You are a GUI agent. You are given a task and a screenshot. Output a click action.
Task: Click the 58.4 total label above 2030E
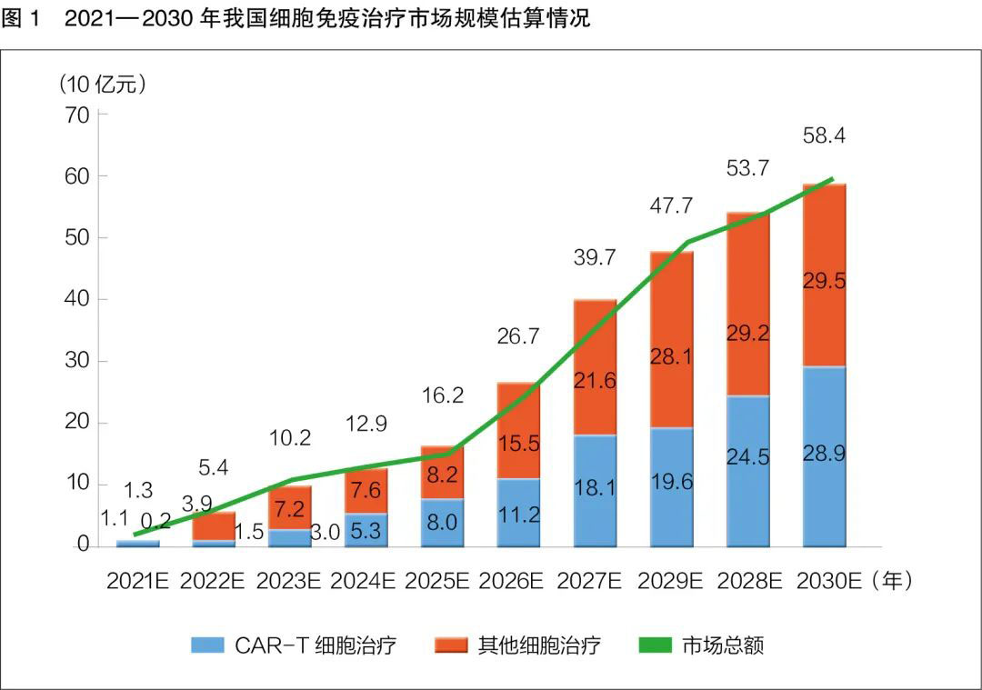(825, 136)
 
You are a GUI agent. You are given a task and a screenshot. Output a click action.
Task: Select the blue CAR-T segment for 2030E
(825, 455)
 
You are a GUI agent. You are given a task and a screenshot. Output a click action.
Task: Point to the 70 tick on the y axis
(76, 115)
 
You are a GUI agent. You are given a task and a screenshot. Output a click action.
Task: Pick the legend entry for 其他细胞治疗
(518, 645)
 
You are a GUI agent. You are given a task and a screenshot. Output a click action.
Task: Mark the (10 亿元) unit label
(102, 85)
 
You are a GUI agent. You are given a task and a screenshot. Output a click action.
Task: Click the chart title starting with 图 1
(296, 18)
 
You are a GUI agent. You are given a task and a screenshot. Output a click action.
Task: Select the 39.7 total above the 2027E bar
(596, 258)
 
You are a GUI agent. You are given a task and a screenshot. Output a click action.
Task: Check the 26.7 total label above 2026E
(519, 336)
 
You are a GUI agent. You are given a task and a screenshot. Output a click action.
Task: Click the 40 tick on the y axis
(76, 300)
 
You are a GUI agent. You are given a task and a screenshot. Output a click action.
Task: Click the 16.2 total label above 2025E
(443, 396)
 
